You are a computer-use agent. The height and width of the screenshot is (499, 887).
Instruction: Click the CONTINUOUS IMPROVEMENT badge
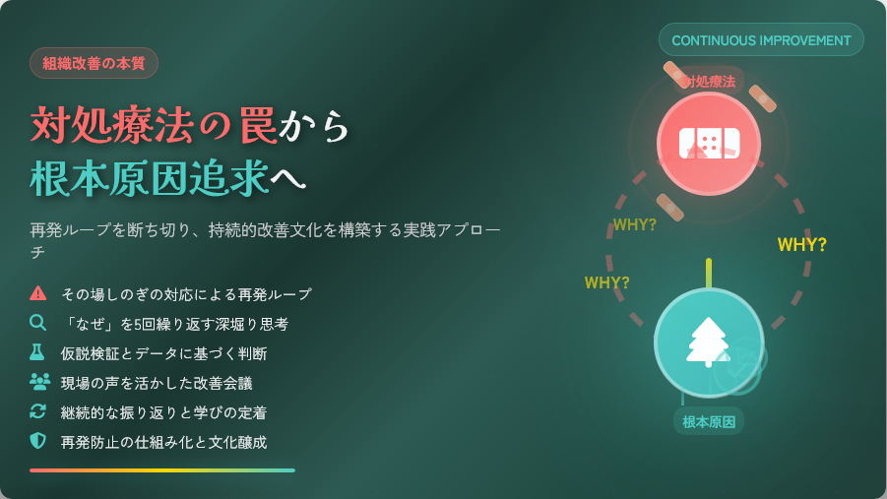coord(761,39)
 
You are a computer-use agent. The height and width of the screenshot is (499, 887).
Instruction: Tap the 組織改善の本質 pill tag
coord(94,63)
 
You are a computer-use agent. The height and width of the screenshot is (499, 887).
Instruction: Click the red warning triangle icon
coord(37,293)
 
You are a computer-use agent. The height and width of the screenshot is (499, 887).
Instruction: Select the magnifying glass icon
coord(37,323)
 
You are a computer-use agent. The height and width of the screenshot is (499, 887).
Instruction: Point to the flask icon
coord(37,352)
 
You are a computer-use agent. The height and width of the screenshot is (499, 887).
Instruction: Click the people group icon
coord(39,382)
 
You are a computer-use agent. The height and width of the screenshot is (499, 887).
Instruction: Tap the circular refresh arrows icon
coord(37,411)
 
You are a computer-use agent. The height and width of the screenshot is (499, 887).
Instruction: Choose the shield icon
coord(37,441)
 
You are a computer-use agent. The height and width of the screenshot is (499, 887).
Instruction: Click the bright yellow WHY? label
coord(802,245)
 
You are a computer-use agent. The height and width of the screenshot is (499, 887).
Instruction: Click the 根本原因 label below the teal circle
coord(709,421)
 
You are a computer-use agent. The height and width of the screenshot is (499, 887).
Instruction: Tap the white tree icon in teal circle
coord(708,343)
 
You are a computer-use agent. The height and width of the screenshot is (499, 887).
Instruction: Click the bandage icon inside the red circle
coord(709,143)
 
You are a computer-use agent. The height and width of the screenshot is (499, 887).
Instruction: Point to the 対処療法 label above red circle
coord(708,82)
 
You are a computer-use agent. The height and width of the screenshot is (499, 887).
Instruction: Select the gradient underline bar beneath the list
coord(162,470)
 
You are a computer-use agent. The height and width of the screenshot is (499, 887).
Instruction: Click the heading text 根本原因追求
coord(150,178)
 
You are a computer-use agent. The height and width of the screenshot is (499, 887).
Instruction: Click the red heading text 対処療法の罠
coord(154,124)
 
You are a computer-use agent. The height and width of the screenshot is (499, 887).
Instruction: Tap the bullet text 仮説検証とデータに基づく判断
coord(164,353)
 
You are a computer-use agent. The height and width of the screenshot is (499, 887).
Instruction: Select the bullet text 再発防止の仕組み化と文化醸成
coord(164,442)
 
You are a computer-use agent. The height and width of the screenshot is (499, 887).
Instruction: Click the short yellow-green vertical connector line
coord(709,274)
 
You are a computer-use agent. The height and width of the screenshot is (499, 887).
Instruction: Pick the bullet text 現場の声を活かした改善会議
coord(157,383)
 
